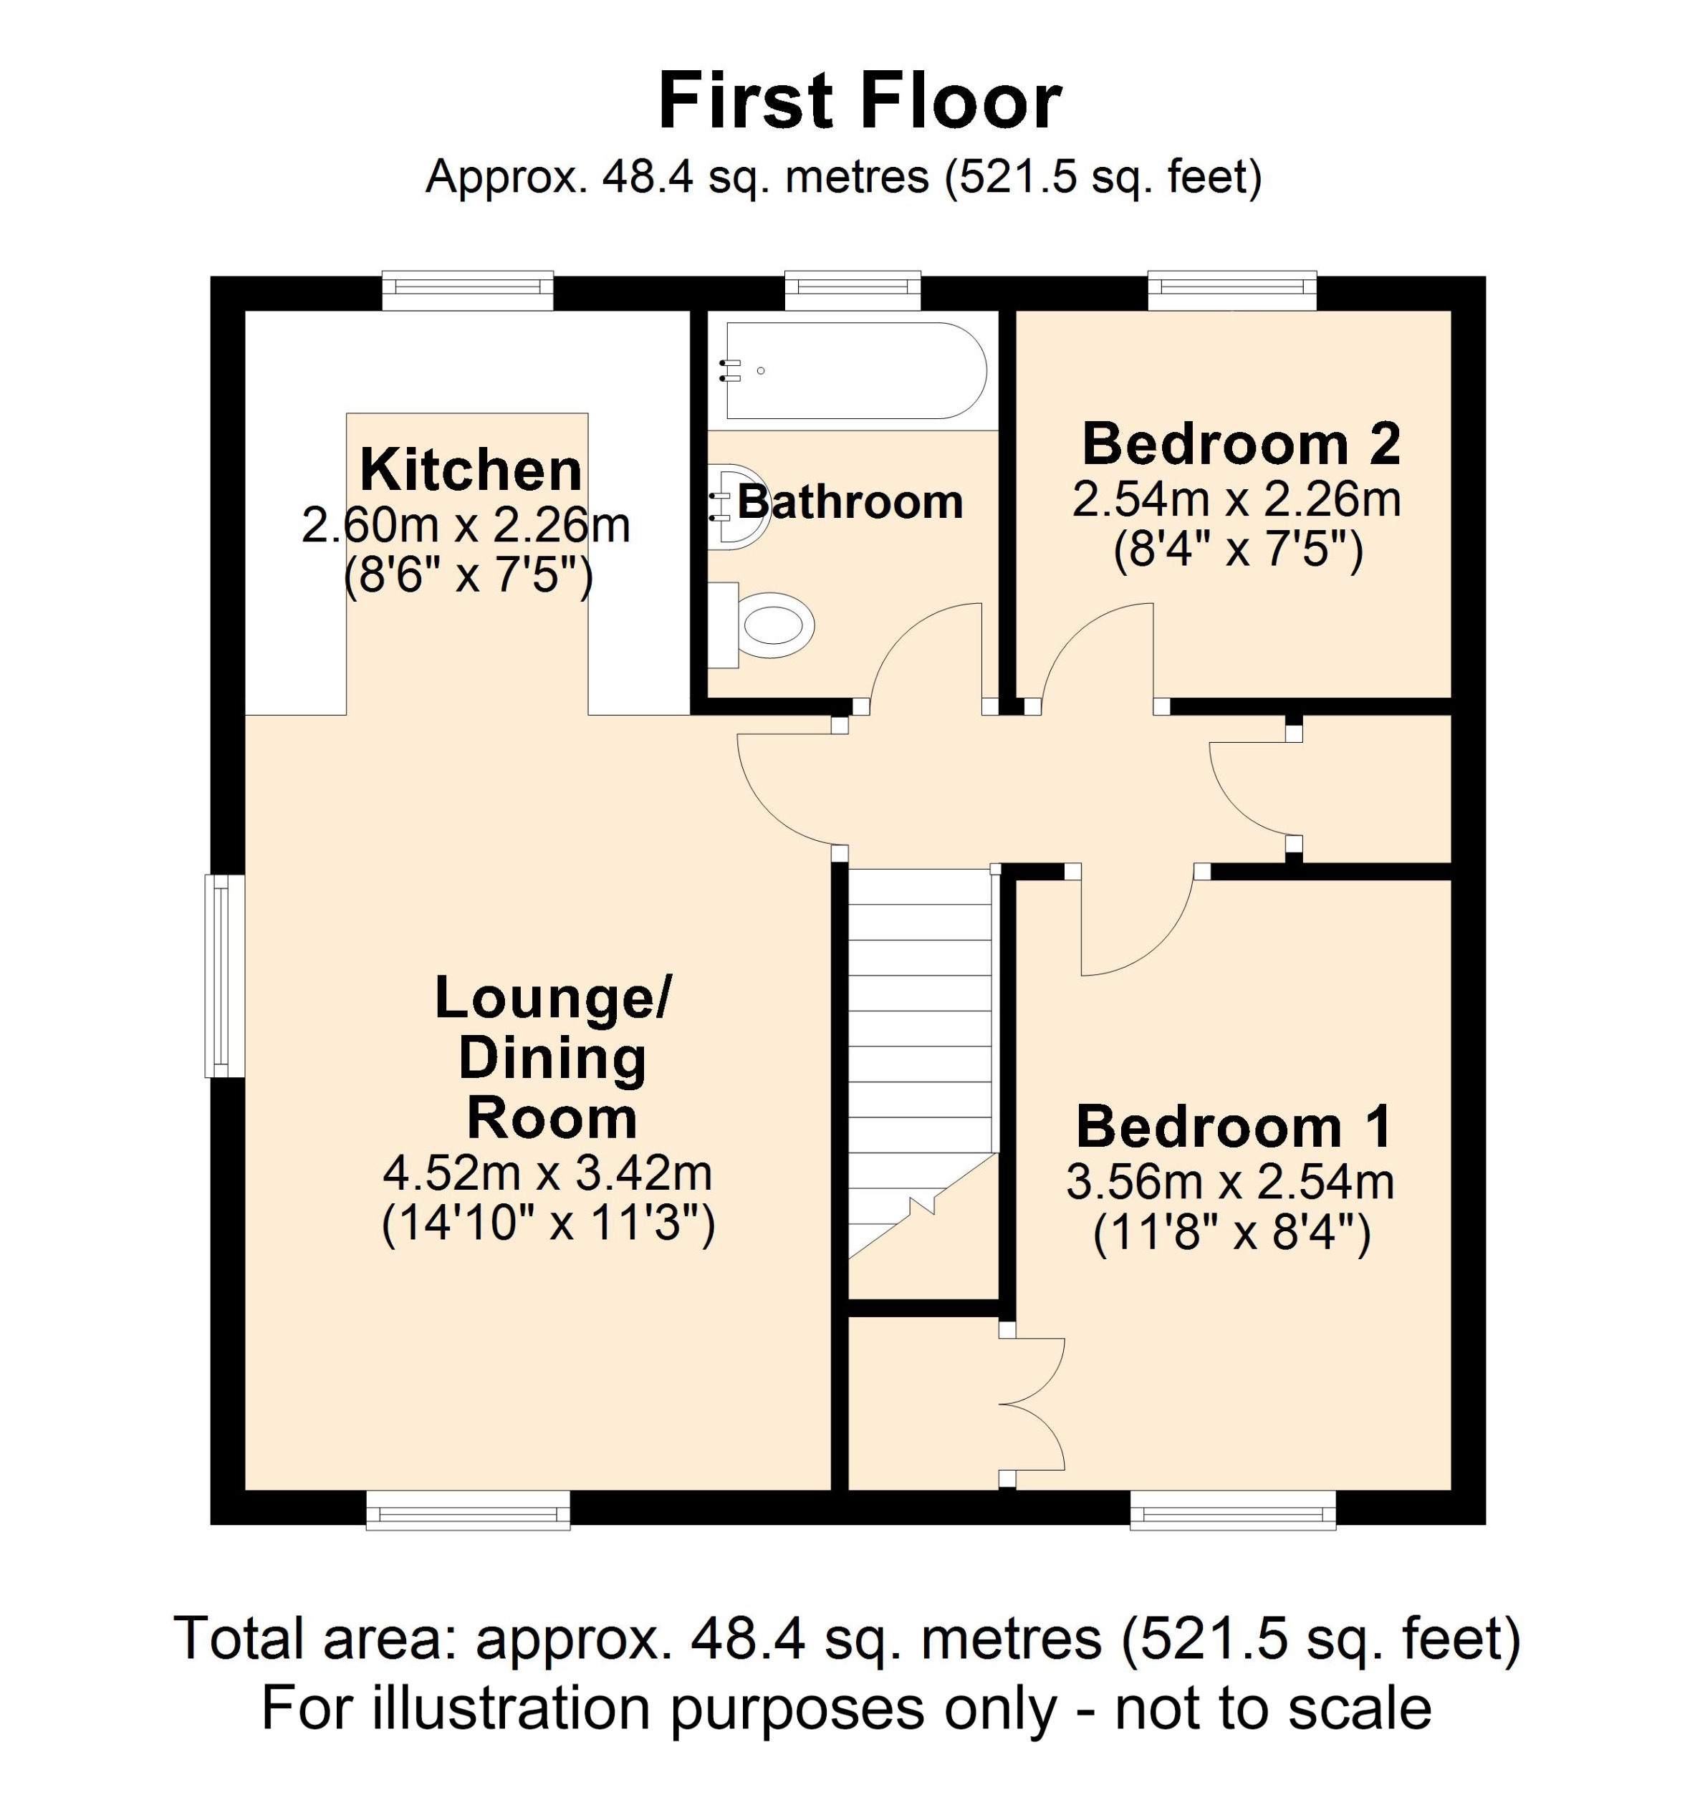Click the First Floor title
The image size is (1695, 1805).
[x=859, y=102]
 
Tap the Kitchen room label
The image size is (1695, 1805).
[x=470, y=471]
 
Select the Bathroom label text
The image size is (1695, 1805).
[x=850, y=502]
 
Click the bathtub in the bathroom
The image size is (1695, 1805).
[x=853, y=370]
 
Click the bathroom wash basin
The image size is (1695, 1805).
[x=737, y=506]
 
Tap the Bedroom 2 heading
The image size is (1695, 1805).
[x=1240, y=445]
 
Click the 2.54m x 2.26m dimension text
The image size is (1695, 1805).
[x=1237, y=499]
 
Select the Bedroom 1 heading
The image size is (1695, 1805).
[x=1233, y=1127]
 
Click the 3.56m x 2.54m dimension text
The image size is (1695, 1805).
[x=1230, y=1182]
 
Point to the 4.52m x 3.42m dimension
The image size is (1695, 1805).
[x=547, y=1173]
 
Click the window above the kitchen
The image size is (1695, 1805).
[x=468, y=291]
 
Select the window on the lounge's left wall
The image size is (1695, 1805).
[x=224, y=976]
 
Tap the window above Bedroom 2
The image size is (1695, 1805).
[x=1232, y=291]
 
